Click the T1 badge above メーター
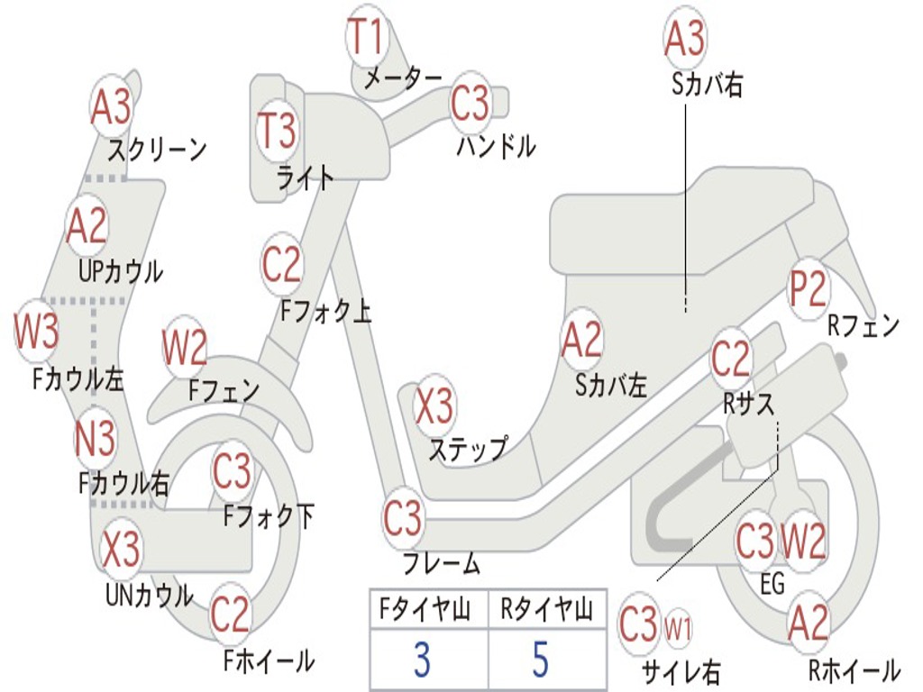[x=366, y=38]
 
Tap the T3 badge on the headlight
[x=277, y=131]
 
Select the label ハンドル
[x=496, y=146]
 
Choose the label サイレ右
[x=681, y=671]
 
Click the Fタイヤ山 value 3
[x=422, y=660]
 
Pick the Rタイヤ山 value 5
[x=540, y=660]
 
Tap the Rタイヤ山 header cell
[x=547, y=611]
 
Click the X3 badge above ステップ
[x=434, y=406]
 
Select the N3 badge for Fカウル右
[x=95, y=441]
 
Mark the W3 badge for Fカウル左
[x=37, y=332]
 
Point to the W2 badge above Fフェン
[x=185, y=348]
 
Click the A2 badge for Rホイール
[x=808, y=623]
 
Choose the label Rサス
[x=749, y=405]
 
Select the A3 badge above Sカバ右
[x=684, y=39]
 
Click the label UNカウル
[x=150, y=596]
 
